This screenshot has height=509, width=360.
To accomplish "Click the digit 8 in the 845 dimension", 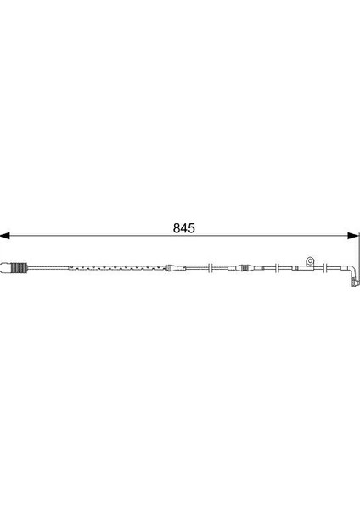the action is [177, 228].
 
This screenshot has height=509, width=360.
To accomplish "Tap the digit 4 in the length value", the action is [184, 228].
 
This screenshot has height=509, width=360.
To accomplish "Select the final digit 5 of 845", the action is [192, 228].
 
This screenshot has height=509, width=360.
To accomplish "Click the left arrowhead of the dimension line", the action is [5, 236].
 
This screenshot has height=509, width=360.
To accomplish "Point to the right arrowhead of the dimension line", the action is [352, 236].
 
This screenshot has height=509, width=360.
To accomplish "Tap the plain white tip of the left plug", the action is [6, 268].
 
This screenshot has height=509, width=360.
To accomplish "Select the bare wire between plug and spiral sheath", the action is [48, 268].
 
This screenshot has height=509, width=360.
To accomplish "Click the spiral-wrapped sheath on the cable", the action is [117, 268].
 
